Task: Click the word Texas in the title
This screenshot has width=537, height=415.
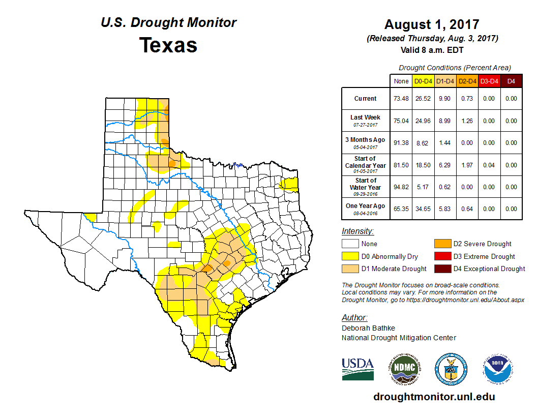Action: coord(168,45)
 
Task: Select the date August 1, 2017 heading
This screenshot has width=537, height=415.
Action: coord(432,24)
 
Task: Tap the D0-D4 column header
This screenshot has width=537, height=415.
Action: coord(423,81)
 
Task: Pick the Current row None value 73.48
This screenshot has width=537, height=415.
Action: coord(401,99)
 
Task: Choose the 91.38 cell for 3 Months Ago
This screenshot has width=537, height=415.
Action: coord(401,143)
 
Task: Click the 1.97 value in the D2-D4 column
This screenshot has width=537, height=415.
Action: coord(467,165)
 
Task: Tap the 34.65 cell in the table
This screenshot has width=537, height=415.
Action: coord(423,209)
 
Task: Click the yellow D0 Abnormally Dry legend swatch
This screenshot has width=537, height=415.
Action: coord(349,256)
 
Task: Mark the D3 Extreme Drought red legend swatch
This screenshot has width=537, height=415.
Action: coord(442,256)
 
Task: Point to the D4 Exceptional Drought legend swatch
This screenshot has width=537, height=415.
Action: coord(442,269)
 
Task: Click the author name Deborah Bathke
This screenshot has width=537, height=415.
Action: coord(368,328)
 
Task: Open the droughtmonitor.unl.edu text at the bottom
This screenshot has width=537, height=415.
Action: coord(434,397)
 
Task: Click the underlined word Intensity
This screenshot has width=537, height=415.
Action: coord(357,231)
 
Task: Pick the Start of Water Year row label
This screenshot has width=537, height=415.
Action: coord(365,184)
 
